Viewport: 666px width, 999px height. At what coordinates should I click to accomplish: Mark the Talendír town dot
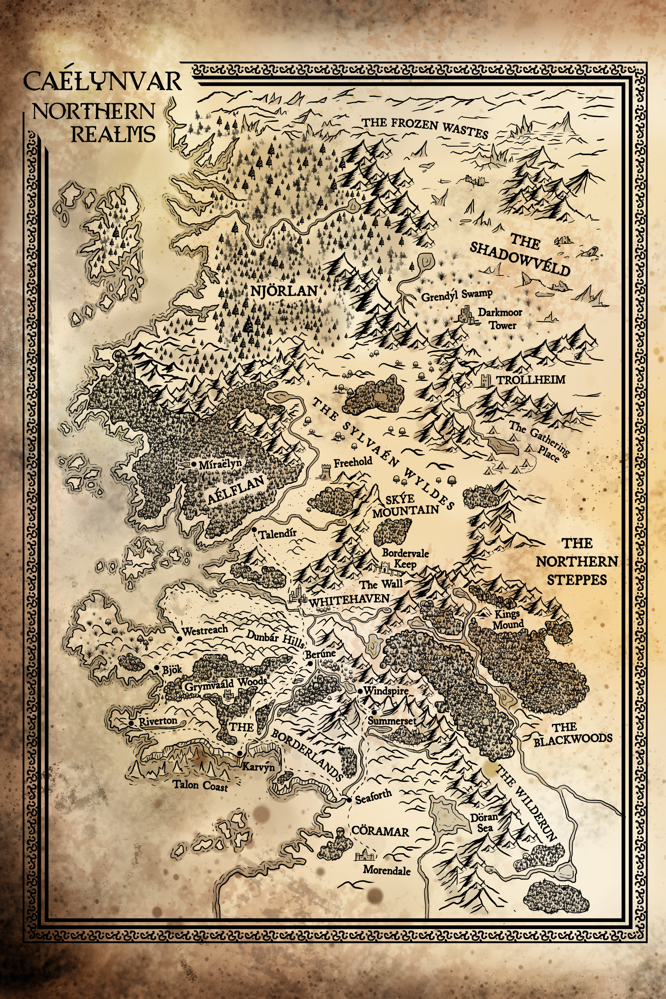pyautogui.click(x=254, y=530)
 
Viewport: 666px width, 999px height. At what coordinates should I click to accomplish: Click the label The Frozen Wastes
pyautogui.click(x=425, y=127)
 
